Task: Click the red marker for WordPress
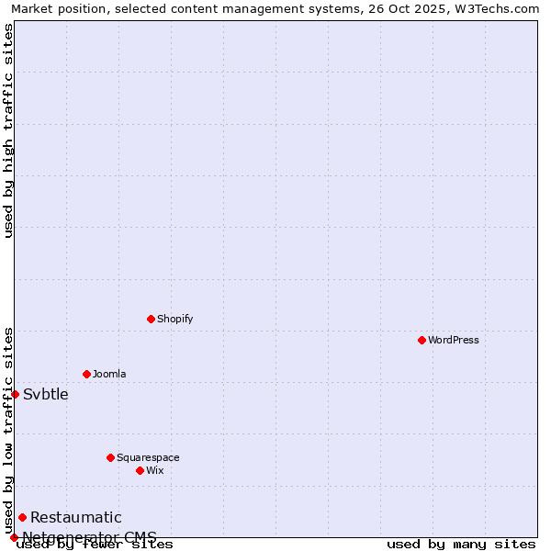click(x=422, y=340)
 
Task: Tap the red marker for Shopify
click(x=151, y=319)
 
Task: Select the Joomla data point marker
click(x=86, y=374)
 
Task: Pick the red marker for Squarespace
click(x=110, y=457)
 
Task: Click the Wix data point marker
click(x=140, y=470)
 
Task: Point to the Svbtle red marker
click(x=15, y=394)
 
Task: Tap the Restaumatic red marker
click(x=22, y=517)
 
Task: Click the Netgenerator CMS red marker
click(x=14, y=537)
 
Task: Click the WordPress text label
click(x=454, y=340)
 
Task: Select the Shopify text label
click(x=174, y=319)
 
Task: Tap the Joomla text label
click(x=109, y=374)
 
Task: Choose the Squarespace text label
click(x=148, y=457)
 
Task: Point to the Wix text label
click(x=154, y=470)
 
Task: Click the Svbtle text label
click(x=46, y=395)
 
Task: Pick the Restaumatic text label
click(x=76, y=518)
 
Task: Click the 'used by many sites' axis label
click(x=461, y=545)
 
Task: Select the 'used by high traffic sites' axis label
click(x=9, y=130)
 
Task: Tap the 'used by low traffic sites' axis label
click(x=9, y=430)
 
